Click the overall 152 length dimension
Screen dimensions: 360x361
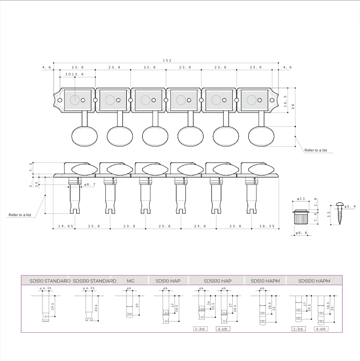point(167,60)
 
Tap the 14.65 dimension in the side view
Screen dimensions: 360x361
point(66,226)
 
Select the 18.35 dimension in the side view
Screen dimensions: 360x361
point(267,226)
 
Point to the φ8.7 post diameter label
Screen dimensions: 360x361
point(90,184)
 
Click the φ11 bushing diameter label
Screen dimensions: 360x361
point(301,199)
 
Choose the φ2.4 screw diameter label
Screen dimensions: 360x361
point(350,206)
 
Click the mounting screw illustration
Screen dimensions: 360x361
point(339,213)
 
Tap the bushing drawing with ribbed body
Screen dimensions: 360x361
point(301,217)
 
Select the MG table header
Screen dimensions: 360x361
point(130,281)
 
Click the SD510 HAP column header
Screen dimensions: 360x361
point(168,281)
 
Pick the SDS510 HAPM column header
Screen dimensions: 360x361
point(314,281)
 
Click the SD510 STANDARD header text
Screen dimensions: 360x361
point(50,281)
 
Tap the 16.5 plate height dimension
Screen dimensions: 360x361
point(285,101)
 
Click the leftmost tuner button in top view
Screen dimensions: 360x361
point(84,136)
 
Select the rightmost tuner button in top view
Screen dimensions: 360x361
point(261,136)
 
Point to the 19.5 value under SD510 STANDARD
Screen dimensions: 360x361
point(52,307)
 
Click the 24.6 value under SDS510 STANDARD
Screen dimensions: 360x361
point(96,308)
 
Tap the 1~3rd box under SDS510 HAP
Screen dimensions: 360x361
point(200,329)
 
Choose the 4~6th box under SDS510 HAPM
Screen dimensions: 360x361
point(321,329)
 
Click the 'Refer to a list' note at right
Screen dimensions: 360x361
point(315,150)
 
